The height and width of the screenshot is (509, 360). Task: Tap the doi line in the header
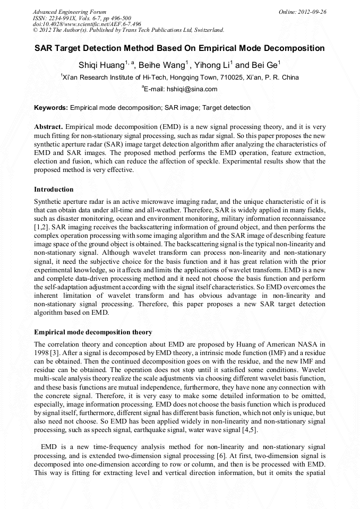point(87,24)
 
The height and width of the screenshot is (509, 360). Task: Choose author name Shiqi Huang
point(101,65)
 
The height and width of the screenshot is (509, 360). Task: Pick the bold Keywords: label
point(51,108)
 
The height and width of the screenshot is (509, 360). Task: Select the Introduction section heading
point(54,189)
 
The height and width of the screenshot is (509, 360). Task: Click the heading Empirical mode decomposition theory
point(93,332)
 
